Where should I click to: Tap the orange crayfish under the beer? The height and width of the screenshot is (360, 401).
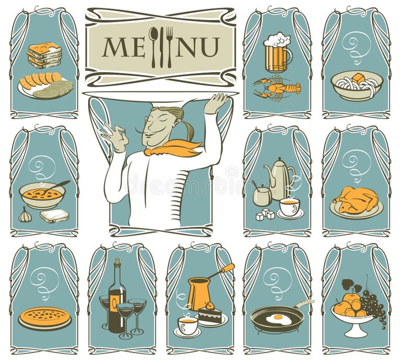click(x=277, y=87)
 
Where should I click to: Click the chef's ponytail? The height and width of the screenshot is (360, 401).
click(x=187, y=128)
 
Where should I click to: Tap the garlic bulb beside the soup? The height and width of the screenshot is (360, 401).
click(x=25, y=215)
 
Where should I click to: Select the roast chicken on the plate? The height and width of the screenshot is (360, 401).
click(x=356, y=200)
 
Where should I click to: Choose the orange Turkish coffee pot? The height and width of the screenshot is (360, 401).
click(x=199, y=293)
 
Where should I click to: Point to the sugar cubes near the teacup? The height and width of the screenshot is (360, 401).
click(x=265, y=214)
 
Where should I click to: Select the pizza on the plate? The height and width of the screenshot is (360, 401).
click(x=45, y=317)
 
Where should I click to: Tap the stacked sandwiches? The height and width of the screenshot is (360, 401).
click(x=44, y=55)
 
